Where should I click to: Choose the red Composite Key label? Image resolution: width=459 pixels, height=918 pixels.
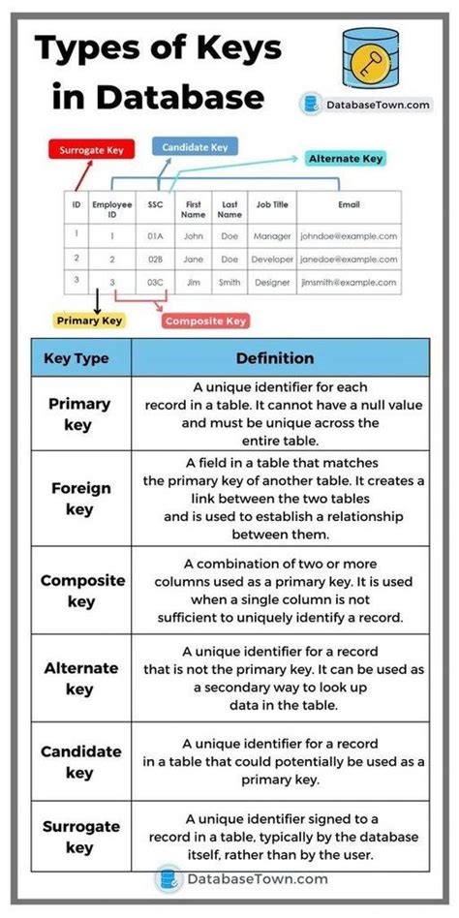205,321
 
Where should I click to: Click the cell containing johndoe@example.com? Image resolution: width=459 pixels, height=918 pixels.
348,235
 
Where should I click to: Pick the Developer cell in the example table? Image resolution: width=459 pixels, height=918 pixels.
271,260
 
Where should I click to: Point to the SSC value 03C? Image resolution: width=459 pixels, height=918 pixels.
156,282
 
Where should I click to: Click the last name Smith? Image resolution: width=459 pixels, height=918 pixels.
229,282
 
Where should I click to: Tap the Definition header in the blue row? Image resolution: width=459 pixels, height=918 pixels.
275,358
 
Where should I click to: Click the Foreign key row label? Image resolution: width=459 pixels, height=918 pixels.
80,499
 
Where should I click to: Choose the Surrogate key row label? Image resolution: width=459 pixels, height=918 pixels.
80,836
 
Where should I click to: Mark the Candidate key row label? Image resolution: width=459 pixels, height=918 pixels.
80,761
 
